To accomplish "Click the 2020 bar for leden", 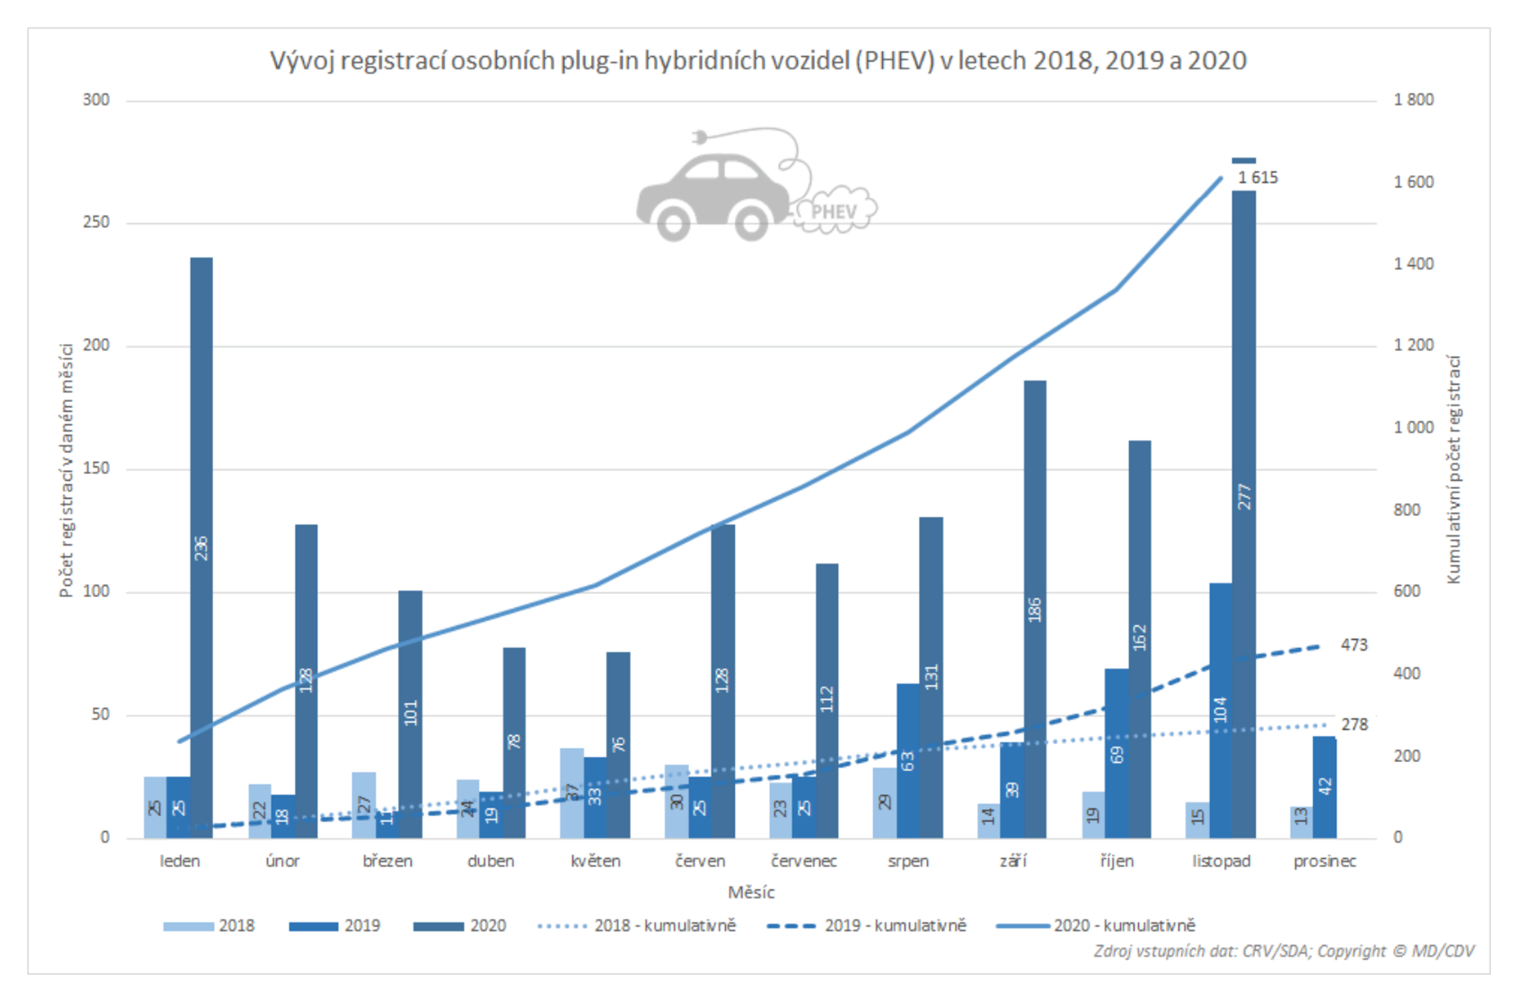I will tap(202, 547).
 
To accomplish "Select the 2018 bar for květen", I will tap(572, 792).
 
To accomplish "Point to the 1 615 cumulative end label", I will tap(1257, 177).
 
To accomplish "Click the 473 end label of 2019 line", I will tap(1354, 644).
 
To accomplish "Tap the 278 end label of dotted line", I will tap(1354, 724).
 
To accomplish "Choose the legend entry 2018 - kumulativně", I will tap(637, 925).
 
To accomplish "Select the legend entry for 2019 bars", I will tap(334, 925).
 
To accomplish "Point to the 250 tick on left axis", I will tap(96, 222).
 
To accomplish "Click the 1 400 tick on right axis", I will tap(1413, 263).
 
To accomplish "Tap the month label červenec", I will tap(804, 861).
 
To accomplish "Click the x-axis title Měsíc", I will tap(751, 892).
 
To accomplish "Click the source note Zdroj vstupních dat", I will tap(1283, 951).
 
